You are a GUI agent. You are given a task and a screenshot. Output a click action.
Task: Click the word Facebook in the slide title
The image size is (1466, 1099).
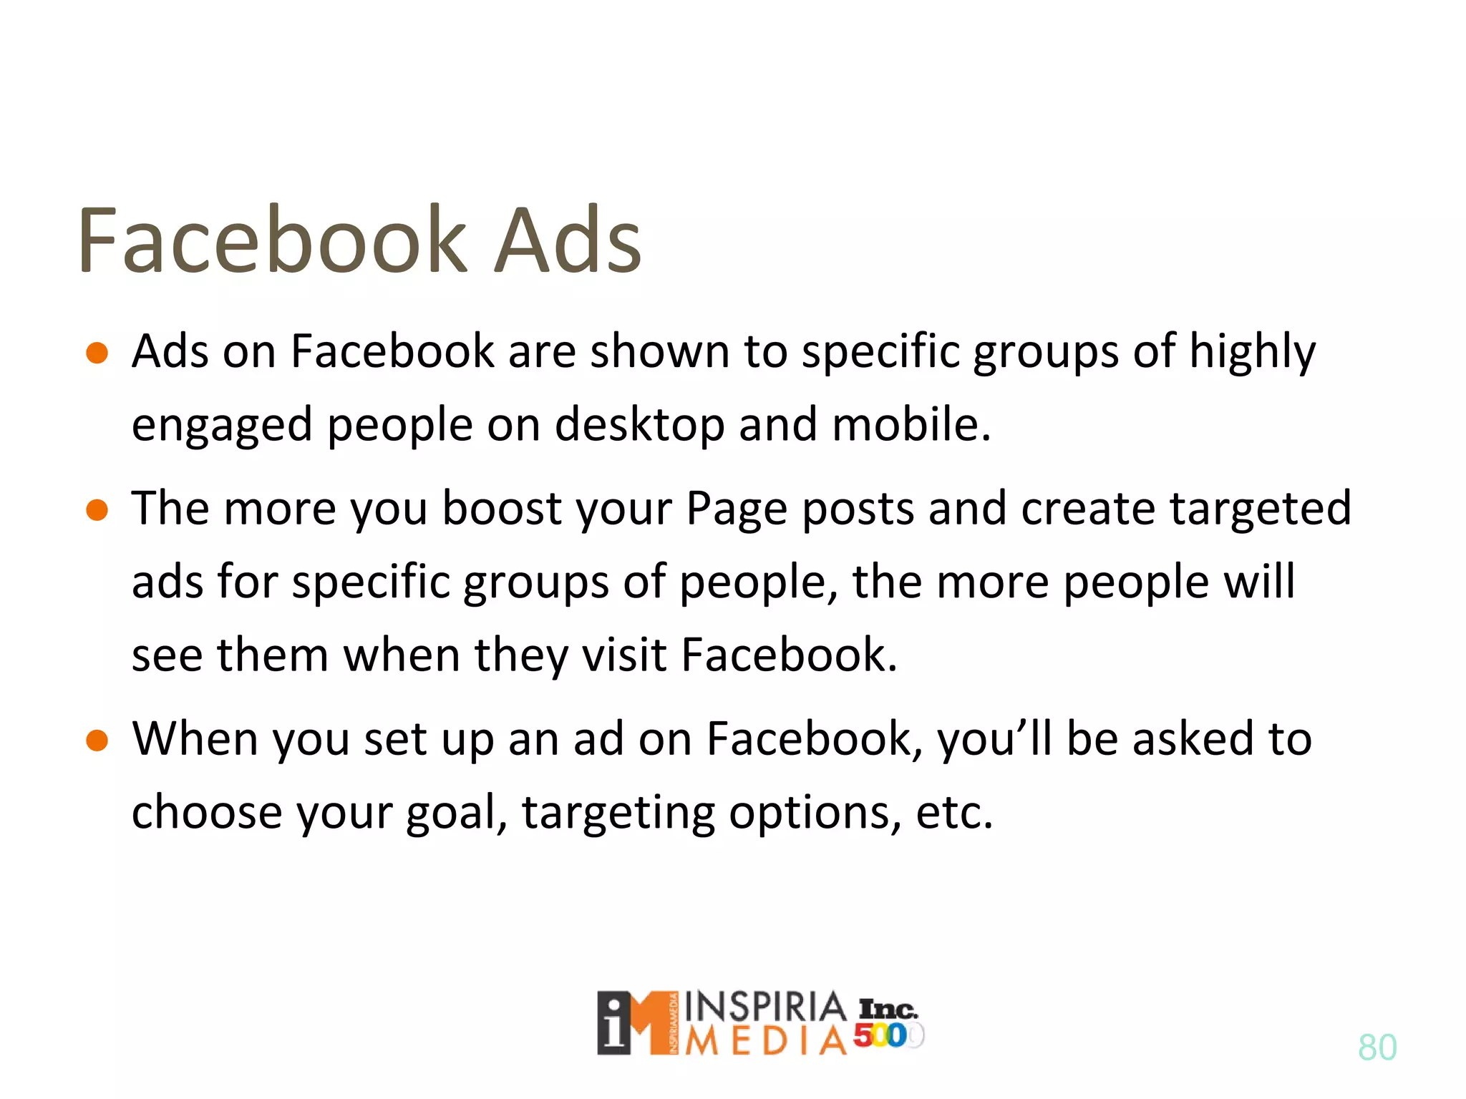point(272,240)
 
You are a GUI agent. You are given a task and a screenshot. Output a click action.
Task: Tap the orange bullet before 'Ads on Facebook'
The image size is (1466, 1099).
point(97,353)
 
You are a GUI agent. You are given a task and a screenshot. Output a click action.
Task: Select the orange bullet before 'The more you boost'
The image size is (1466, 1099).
point(97,510)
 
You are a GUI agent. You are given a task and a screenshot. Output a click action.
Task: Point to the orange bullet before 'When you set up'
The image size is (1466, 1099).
point(97,741)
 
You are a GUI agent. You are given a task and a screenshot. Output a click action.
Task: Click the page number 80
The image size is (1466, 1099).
point(1377,1047)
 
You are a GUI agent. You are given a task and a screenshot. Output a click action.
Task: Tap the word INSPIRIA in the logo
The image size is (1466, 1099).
point(765,1007)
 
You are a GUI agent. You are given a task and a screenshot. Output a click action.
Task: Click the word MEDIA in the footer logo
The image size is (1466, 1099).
point(765,1042)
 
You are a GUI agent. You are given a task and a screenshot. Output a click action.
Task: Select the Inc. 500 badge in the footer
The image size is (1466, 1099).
point(888,1023)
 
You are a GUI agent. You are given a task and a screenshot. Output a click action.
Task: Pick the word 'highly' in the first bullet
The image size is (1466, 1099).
point(1252,353)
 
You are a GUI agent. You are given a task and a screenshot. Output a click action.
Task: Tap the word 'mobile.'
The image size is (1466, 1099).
point(911,424)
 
